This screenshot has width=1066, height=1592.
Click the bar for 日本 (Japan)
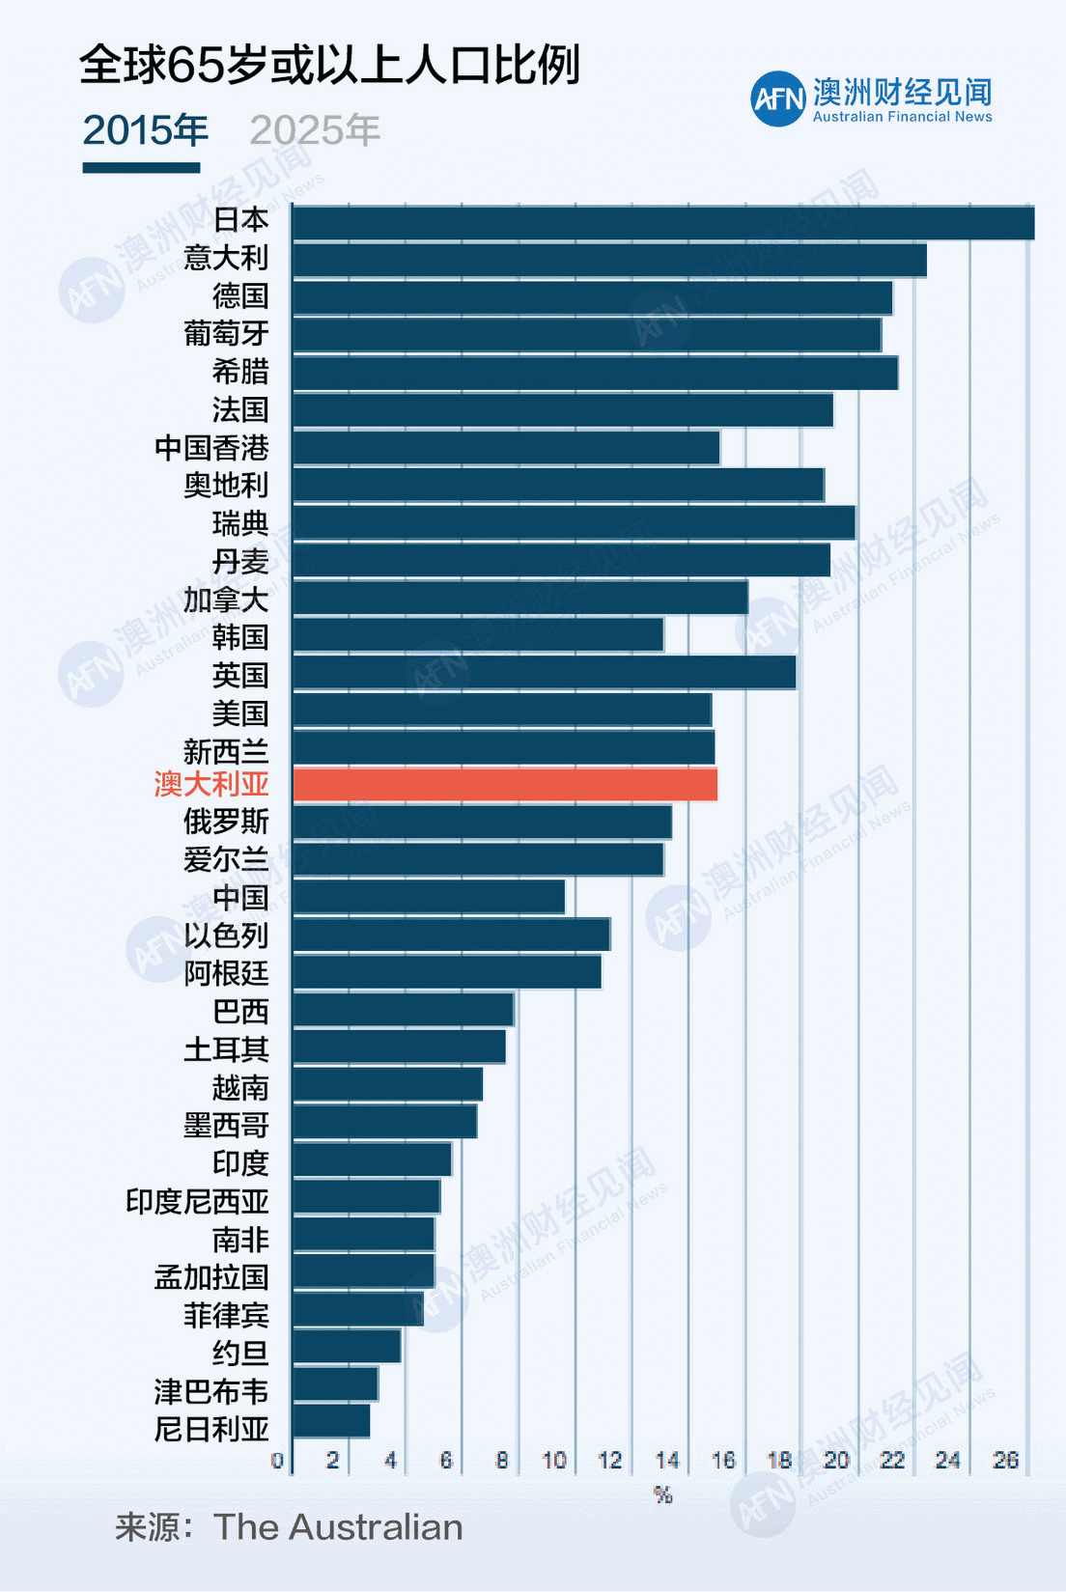[662, 223]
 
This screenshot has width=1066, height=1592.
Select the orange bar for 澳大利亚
[504, 784]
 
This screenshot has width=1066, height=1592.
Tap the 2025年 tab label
[315, 130]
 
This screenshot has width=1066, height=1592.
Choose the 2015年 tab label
[145, 130]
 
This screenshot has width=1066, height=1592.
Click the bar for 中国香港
[505, 448]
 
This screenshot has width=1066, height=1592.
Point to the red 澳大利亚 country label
[211, 784]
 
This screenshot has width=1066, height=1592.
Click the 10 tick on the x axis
[553, 1460]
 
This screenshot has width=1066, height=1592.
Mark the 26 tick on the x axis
[1005, 1460]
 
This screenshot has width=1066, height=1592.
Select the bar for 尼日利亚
[330, 1421]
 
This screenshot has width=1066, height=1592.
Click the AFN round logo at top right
[778, 98]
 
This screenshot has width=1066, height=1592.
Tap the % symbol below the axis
[662, 1494]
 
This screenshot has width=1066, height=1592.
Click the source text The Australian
[338, 1527]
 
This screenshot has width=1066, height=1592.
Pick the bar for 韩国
[477, 635]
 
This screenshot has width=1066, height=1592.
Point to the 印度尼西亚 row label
[197, 1201]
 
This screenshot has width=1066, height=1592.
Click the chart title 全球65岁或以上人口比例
[328, 66]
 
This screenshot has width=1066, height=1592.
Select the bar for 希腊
[595, 373]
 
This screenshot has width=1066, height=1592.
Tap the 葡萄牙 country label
[226, 334]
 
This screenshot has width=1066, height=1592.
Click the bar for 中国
[428, 897]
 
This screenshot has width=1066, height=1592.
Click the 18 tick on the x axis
[779, 1460]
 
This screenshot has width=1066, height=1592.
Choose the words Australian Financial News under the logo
[902, 117]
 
